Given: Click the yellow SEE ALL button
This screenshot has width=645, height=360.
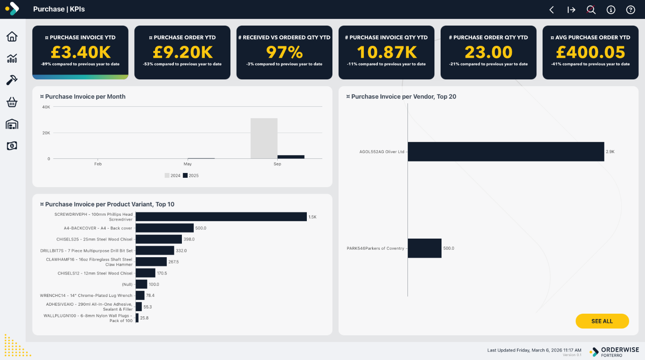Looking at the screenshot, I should [x=602, y=321].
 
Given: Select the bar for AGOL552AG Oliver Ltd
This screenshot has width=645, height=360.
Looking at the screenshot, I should [x=505, y=152].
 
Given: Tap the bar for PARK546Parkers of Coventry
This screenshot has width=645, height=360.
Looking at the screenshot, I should [x=424, y=248].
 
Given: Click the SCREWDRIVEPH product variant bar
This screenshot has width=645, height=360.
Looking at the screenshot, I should [x=221, y=217].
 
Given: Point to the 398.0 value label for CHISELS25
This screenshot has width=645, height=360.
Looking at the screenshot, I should [x=189, y=239].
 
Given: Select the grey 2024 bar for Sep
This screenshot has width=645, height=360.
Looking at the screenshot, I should [x=264, y=138].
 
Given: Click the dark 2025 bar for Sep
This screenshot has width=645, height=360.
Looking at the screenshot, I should [x=290, y=157].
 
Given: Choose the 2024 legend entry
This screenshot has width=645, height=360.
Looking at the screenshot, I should [x=173, y=176].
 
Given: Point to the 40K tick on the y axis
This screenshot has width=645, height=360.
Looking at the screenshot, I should [x=46, y=107].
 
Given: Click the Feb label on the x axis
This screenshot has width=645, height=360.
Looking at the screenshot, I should [x=98, y=164].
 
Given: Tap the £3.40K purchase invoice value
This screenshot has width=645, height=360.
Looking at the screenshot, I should [x=80, y=52].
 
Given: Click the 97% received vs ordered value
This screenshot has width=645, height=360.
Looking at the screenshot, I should [x=284, y=52].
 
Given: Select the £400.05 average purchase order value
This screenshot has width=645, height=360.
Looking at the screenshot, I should [x=590, y=52].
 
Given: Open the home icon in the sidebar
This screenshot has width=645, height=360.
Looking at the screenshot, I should [x=12, y=37].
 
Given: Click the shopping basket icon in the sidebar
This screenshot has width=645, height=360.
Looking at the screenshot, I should [x=12, y=102].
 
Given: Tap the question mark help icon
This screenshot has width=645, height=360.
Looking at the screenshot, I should [x=630, y=10].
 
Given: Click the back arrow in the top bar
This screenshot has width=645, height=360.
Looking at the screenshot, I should [x=551, y=10].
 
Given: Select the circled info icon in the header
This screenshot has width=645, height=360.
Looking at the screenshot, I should [x=611, y=10].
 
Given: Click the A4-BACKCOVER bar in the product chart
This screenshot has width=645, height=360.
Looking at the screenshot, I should [x=164, y=228].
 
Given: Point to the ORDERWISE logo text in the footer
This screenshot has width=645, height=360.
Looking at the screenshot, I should [x=620, y=350].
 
